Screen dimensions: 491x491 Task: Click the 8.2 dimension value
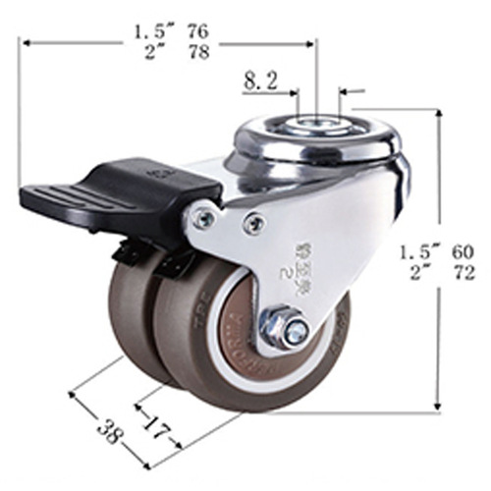tap(260, 83)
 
